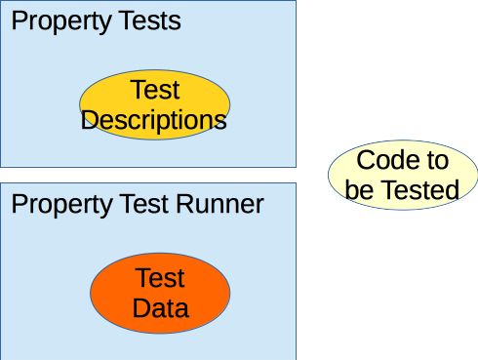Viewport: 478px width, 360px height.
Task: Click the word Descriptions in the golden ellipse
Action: tap(154, 119)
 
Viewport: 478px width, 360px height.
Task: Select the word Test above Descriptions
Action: tap(154, 91)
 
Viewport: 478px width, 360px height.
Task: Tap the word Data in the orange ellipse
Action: tap(160, 308)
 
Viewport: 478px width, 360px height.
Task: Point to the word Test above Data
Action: tap(160, 279)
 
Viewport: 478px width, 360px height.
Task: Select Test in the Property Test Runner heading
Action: tap(140, 205)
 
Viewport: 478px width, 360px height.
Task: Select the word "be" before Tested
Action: tap(359, 189)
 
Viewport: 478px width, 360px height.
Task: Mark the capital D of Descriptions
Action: tap(91, 119)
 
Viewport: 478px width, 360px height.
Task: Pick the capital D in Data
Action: tap(139, 308)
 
